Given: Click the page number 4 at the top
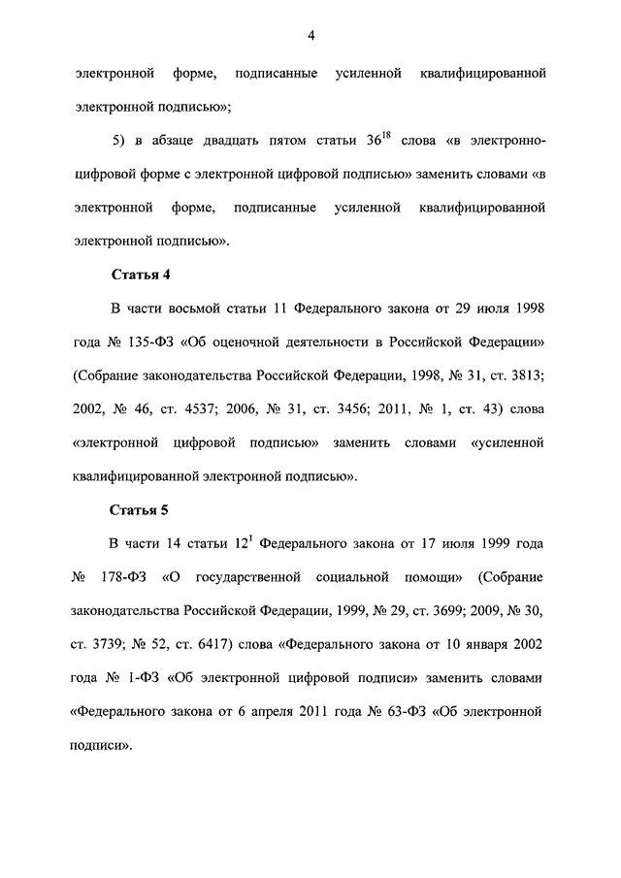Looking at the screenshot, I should click(310, 36).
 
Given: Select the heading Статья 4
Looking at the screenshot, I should click(142, 275).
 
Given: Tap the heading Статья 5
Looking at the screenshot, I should click(142, 509).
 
